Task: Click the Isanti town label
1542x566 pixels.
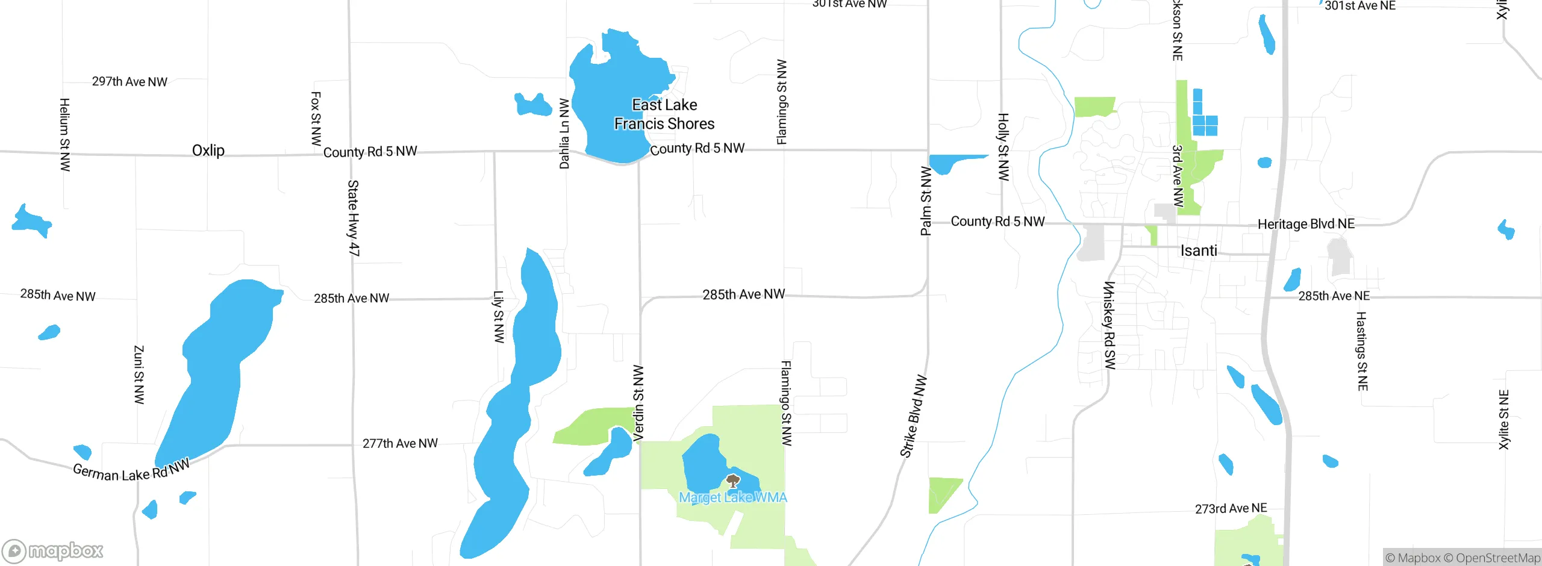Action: click(x=1199, y=250)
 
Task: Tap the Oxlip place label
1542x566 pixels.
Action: click(x=208, y=151)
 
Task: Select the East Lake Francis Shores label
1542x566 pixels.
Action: click(x=664, y=114)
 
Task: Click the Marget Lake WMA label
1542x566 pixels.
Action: click(x=733, y=497)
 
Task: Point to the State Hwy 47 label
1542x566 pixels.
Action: click(x=354, y=218)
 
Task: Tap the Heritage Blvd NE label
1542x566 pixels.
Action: click(x=1306, y=224)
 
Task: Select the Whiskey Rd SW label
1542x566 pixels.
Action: click(x=1109, y=325)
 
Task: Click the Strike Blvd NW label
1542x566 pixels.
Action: click(x=913, y=417)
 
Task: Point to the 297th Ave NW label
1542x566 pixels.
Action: click(x=130, y=82)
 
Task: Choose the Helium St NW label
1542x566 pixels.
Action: click(x=65, y=135)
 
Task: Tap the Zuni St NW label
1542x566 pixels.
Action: click(x=139, y=375)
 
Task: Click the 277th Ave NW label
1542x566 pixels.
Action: click(x=400, y=444)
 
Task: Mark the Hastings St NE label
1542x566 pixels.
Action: click(x=1361, y=351)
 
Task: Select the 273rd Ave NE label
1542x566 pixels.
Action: click(x=1231, y=509)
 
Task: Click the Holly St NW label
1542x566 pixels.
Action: click(x=1003, y=147)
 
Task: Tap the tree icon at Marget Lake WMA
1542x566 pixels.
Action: click(x=732, y=481)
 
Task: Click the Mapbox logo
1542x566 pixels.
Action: click(x=53, y=551)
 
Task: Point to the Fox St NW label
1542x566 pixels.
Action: click(x=316, y=119)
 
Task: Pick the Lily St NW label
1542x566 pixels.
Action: click(x=499, y=317)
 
